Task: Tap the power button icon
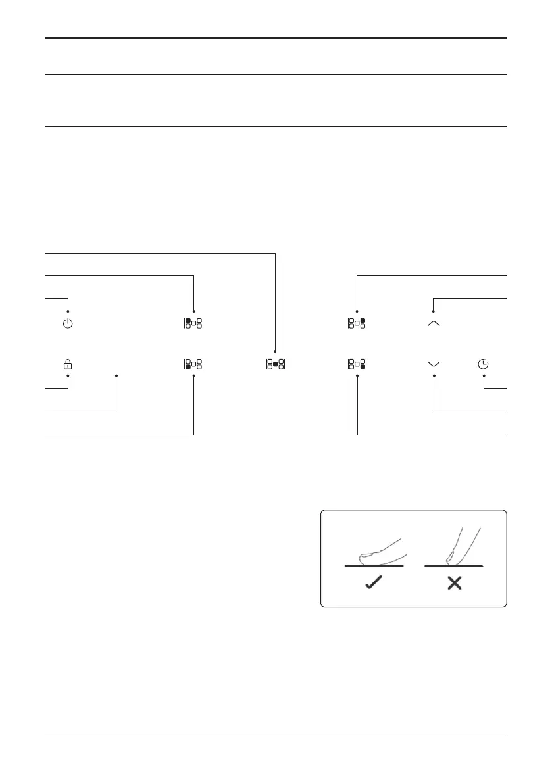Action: [x=68, y=323]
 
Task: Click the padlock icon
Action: [x=68, y=364]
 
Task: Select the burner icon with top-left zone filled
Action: [x=194, y=323]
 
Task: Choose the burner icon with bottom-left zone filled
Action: [x=194, y=364]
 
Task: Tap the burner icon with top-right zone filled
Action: [x=357, y=323]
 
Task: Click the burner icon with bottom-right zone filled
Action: [x=357, y=364]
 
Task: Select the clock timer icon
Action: [x=484, y=364]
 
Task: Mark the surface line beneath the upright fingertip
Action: [x=454, y=565]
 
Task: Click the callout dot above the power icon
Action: [x=68, y=311]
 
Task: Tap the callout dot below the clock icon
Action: [x=484, y=376]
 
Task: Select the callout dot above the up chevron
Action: [x=434, y=311]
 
